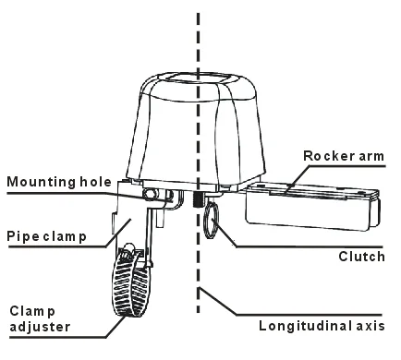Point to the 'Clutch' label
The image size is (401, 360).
pos(361,256)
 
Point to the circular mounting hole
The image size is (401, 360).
pos(150,194)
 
